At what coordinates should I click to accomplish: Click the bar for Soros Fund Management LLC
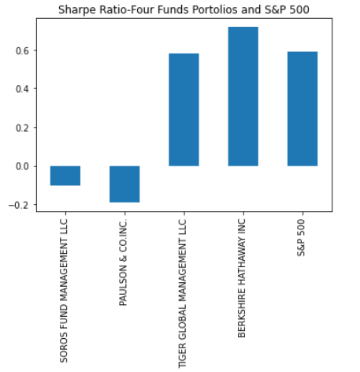(x=65, y=175)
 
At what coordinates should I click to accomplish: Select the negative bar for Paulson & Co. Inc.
(x=124, y=184)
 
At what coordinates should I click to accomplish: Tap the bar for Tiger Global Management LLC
(x=184, y=110)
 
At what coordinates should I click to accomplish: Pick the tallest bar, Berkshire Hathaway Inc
(x=243, y=96)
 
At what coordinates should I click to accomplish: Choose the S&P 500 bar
(x=302, y=109)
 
